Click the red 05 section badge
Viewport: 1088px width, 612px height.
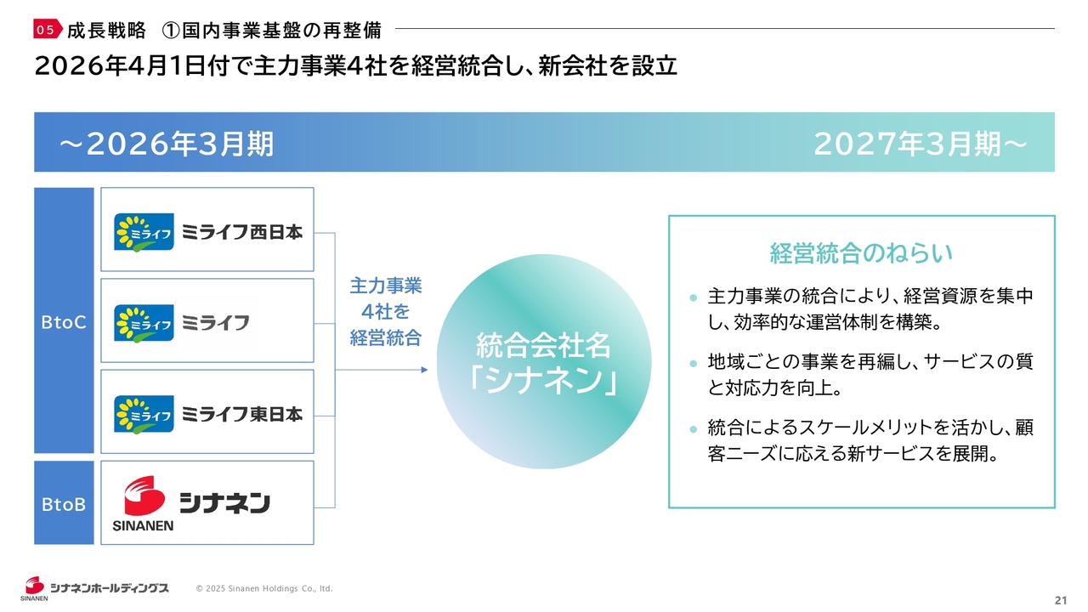[x=48, y=29]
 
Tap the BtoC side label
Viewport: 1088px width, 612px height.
[x=64, y=322]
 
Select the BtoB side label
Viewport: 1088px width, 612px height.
[x=64, y=504]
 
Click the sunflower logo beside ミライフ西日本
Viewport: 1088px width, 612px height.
[x=144, y=232]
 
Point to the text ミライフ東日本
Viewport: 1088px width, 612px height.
[x=242, y=414]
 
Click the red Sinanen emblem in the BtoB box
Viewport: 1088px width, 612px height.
[x=144, y=496]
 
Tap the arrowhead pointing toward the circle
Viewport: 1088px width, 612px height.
[x=424, y=370]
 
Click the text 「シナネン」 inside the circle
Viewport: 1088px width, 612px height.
[x=543, y=380]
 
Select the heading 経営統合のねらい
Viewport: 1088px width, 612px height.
[x=861, y=253]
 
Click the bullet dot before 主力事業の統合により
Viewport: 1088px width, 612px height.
[x=693, y=297]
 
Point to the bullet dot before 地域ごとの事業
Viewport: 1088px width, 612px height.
[x=693, y=363]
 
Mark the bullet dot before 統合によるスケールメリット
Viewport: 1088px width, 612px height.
[x=693, y=429]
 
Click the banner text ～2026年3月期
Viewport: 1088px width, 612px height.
[x=167, y=144]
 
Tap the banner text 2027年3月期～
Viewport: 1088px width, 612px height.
[x=921, y=144]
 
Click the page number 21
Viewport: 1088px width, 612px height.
[x=1061, y=600]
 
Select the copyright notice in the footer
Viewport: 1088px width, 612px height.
[x=264, y=589]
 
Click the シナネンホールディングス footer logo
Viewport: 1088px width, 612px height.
[x=94, y=588]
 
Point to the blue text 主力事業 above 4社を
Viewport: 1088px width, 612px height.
[x=386, y=286]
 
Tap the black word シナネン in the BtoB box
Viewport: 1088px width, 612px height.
[x=224, y=502]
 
